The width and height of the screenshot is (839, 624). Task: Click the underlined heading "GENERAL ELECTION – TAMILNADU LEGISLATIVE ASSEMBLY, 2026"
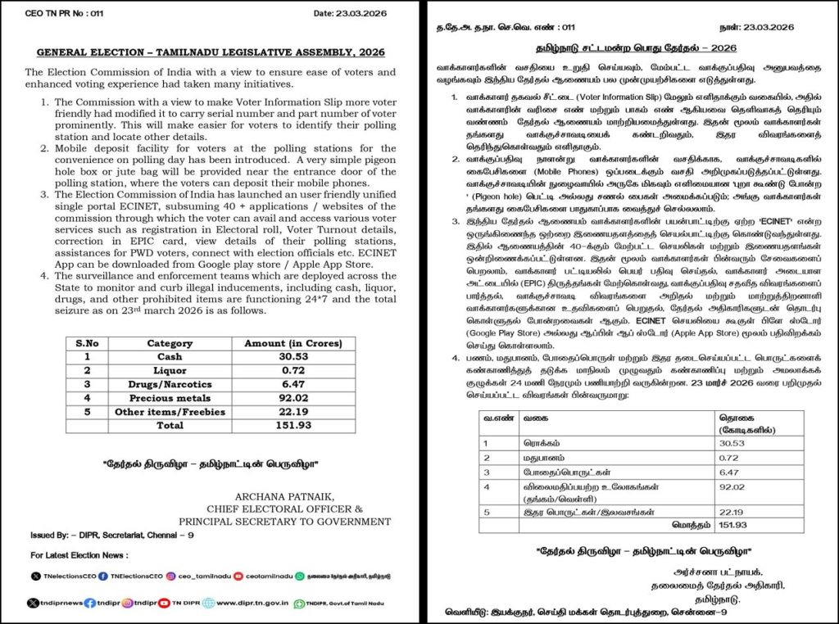point(211,52)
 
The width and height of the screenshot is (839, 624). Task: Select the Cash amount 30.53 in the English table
point(293,358)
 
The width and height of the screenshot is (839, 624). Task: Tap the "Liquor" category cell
point(170,372)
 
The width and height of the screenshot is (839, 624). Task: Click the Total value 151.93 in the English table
point(293,426)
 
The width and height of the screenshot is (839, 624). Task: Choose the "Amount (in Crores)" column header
point(293,344)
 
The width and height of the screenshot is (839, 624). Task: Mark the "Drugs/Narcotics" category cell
point(170,385)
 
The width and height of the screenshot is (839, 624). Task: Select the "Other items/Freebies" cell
point(170,412)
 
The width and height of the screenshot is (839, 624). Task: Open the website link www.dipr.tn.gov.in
point(251,603)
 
